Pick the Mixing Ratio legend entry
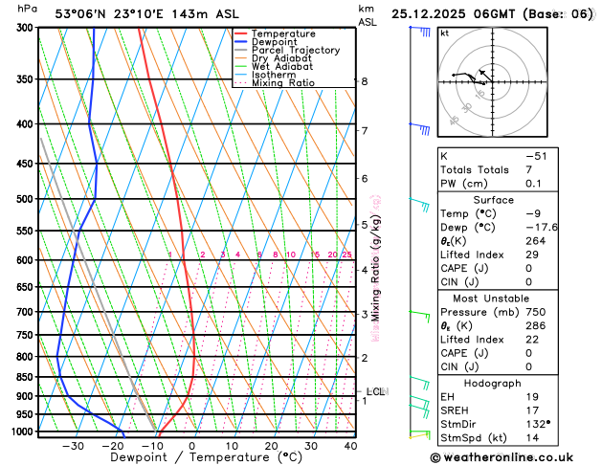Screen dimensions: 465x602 283,83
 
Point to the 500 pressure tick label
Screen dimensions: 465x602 23,199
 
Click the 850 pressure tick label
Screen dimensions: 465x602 23,377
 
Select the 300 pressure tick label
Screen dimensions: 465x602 23,28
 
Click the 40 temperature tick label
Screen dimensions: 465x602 350,446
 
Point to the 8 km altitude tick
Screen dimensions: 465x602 364,81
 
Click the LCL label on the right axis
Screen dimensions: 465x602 376,391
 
